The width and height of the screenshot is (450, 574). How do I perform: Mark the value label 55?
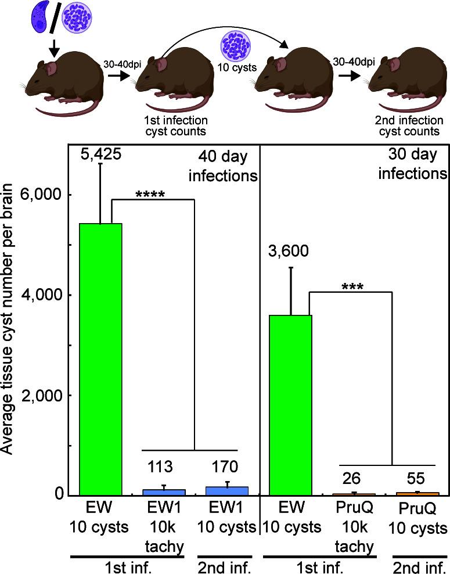coord(416,478)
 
